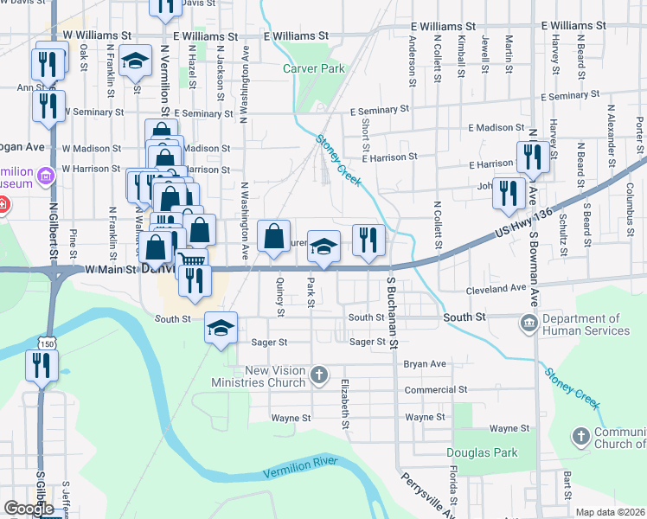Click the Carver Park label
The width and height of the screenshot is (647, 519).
coord(313,68)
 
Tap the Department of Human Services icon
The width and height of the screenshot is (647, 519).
coord(528,324)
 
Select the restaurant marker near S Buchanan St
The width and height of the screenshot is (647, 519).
coord(368,240)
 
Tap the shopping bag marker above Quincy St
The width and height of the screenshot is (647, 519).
coord(273,236)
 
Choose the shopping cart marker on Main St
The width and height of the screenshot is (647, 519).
coord(193,261)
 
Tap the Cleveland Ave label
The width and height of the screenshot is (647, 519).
coord(496,288)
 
